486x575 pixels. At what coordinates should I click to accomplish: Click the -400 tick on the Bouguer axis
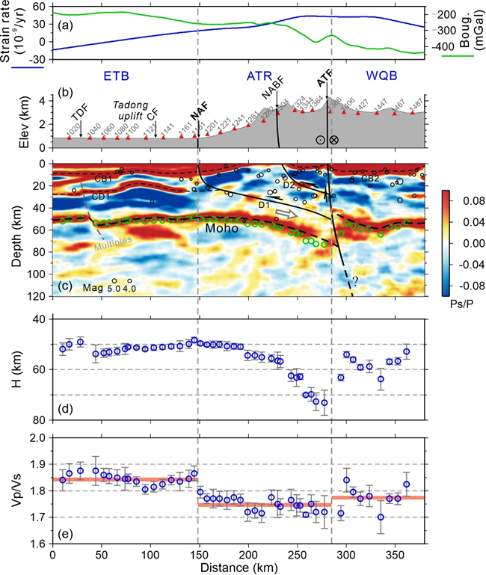point(451,46)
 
